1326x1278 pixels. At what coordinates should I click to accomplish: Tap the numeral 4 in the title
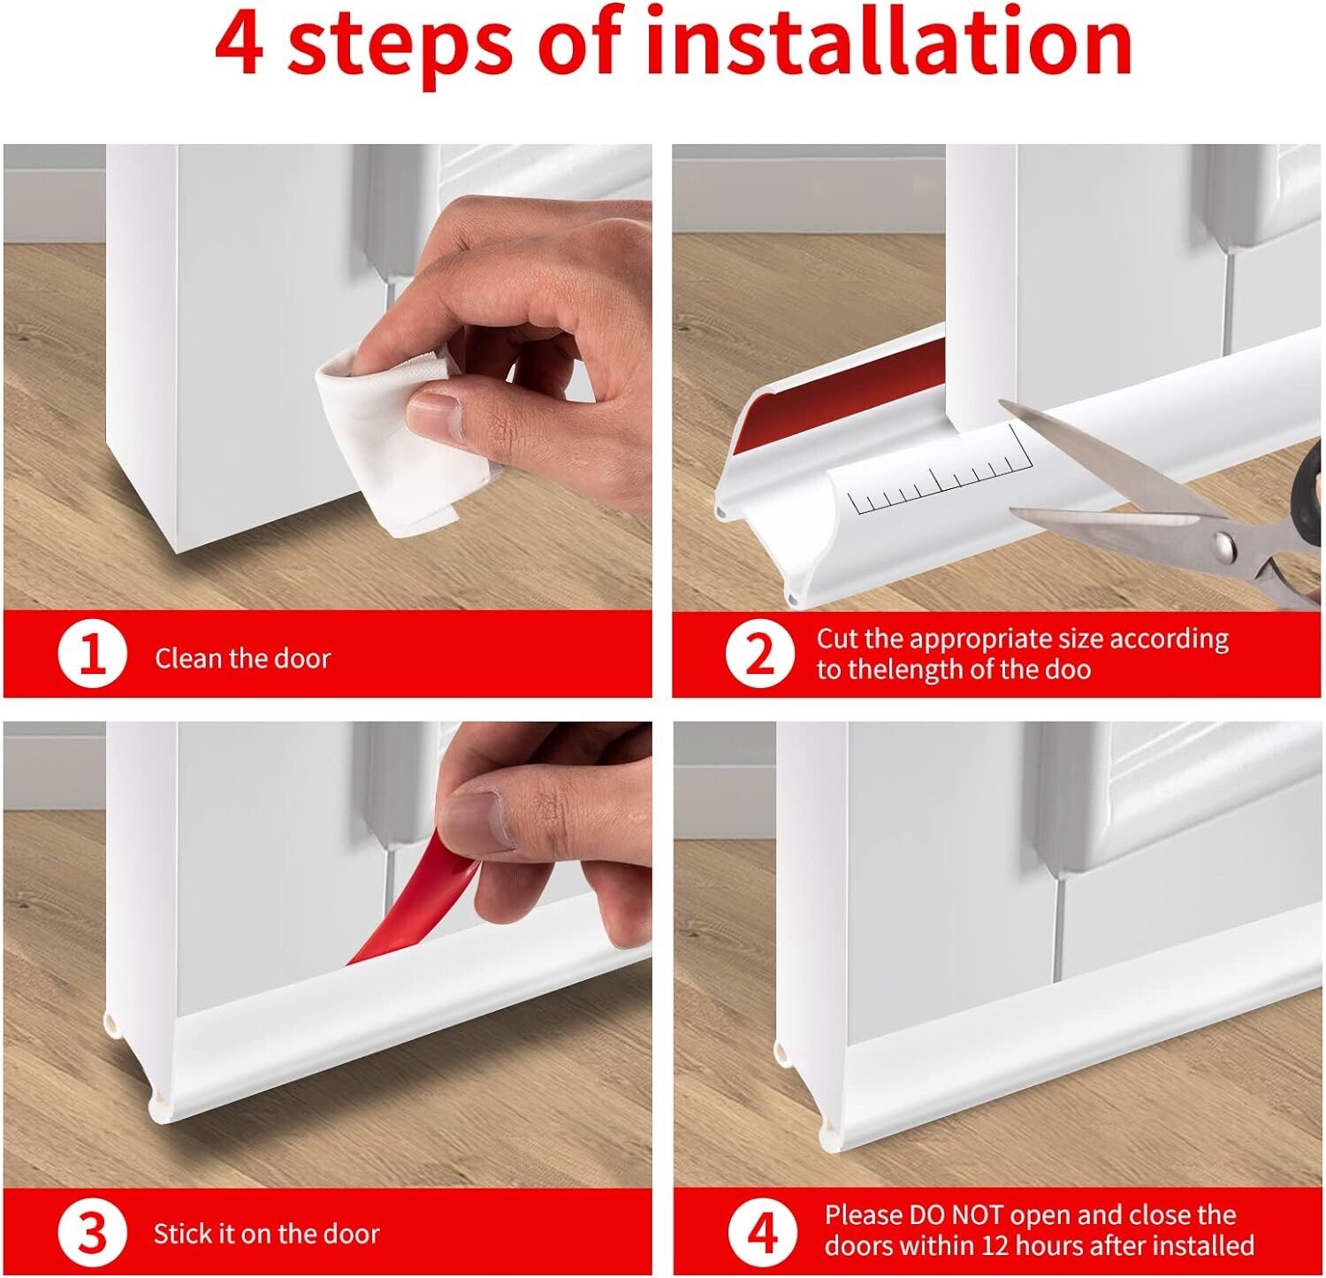coord(239,44)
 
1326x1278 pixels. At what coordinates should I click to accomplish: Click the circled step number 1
coord(92,656)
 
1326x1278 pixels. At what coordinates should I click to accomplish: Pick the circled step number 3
coord(92,1233)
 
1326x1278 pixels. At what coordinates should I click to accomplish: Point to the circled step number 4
coord(762,1231)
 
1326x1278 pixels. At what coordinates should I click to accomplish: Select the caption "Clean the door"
coord(242,658)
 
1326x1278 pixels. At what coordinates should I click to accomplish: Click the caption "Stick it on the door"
coord(266,1234)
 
